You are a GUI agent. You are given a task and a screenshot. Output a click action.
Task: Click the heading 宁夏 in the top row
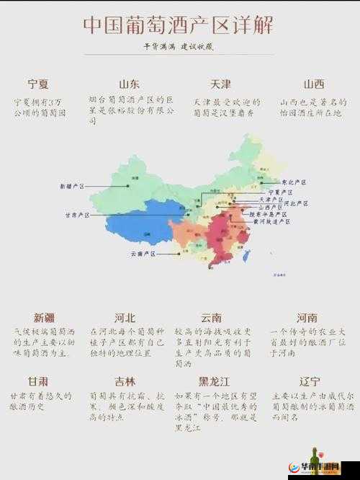pyautogui.click(x=37, y=84)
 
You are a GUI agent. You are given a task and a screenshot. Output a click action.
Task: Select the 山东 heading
pyautogui.click(x=130, y=84)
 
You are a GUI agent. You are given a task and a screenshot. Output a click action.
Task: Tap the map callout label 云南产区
pyautogui.click(x=143, y=254)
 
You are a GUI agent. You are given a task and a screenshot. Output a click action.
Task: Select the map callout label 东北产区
pyautogui.click(x=292, y=182)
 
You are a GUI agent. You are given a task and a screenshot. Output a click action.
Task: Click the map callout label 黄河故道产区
pyautogui.click(x=271, y=222)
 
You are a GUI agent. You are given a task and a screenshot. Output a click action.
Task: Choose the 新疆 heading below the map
pyautogui.click(x=45, y=317)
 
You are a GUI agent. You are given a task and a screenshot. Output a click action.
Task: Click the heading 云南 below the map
pyautogui.click(x=211, y=317)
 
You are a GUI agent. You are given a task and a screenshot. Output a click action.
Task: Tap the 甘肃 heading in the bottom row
pyautogui.click(x=38, y=381)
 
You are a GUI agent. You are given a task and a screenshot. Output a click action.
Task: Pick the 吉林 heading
pyautogui.click(x=125, y=381)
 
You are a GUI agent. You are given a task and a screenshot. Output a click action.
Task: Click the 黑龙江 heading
pyautogui.click(x=214, y=381)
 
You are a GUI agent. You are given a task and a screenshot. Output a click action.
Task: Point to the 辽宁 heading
pyautogui.click(x=310, y=381)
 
